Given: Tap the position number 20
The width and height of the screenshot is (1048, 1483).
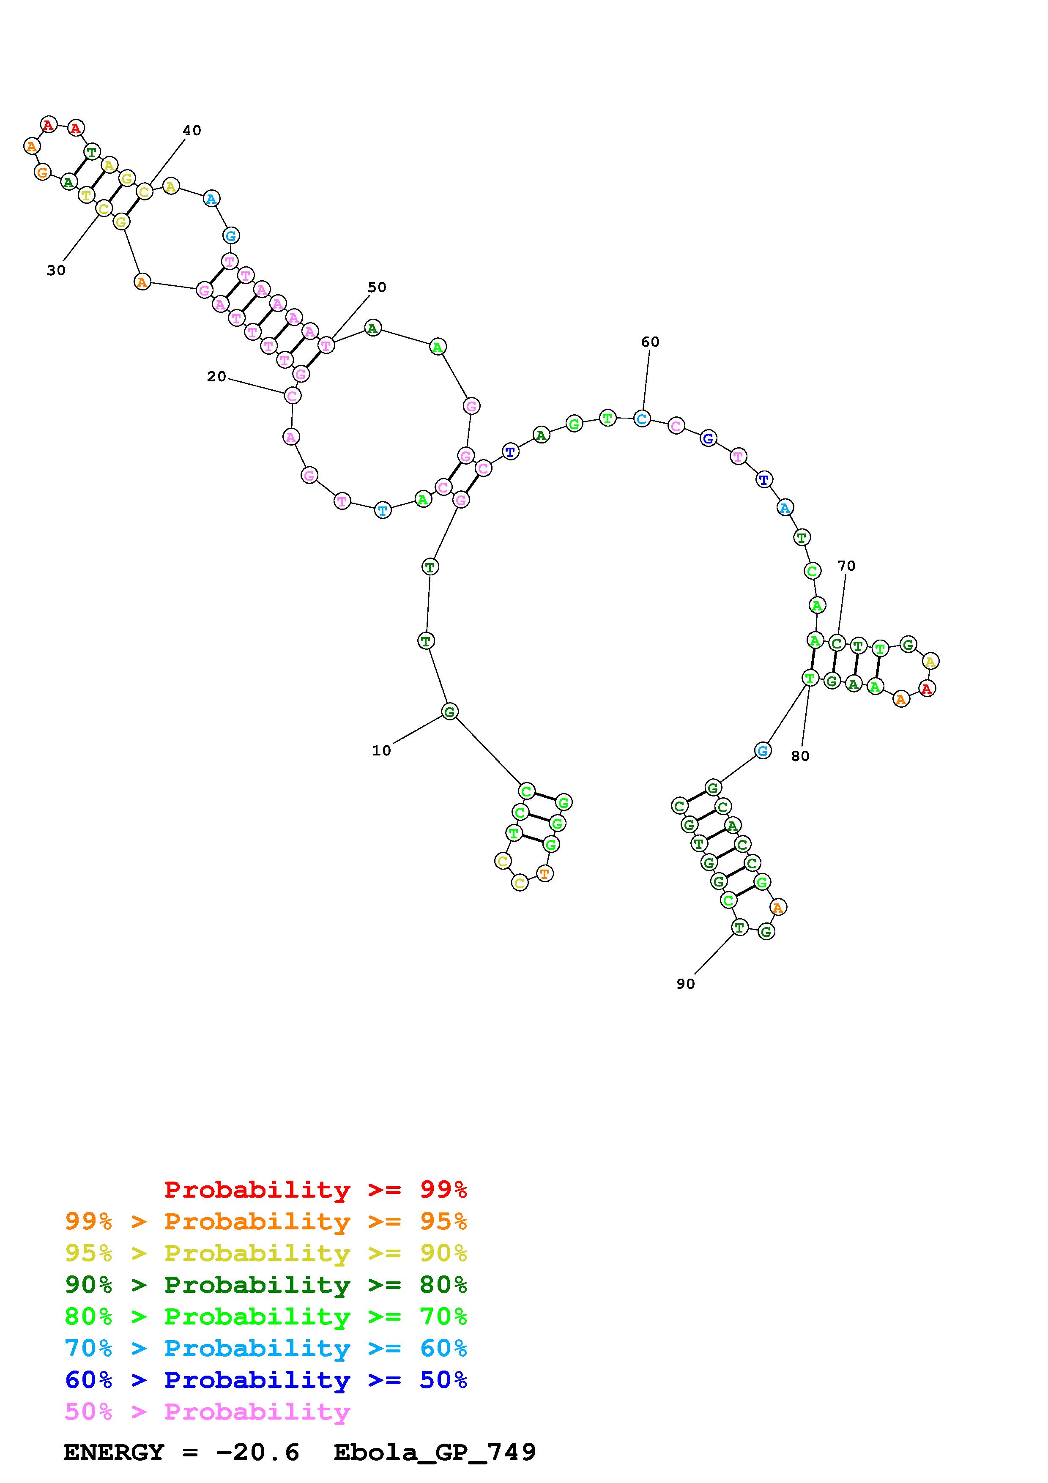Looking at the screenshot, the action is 216,377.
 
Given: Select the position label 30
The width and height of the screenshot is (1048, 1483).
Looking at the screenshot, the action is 56,271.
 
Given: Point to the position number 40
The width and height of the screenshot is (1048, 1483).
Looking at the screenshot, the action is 192,131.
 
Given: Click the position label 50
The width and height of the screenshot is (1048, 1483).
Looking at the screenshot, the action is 377,287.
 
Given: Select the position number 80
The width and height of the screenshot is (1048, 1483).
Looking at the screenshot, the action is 800,756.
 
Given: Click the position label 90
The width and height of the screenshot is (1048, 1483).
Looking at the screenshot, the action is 686,984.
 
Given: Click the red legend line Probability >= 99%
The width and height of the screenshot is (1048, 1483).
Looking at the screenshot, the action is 316,1190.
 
